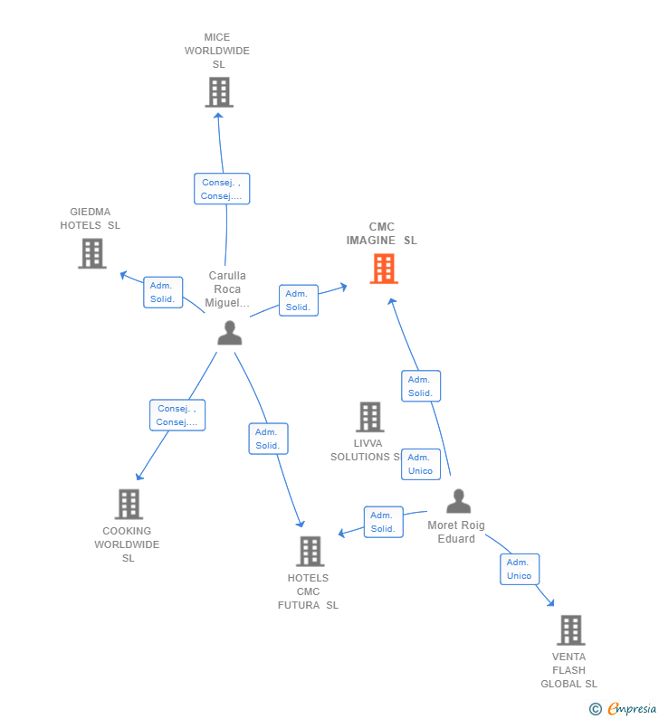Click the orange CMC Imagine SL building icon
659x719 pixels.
384,269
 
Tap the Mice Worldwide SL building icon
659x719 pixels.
218,92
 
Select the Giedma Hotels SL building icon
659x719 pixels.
92,254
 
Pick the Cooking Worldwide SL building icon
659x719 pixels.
129,505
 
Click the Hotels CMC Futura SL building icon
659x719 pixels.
310,551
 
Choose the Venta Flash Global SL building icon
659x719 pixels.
570,630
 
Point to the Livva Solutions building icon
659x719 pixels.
369,417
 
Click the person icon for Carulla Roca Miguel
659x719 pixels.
230,334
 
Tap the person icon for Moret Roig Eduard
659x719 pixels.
458,501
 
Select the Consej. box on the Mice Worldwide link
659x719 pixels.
222,189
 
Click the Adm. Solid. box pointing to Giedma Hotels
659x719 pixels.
163,292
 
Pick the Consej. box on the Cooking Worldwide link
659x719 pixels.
177,415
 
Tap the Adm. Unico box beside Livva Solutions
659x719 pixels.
420,464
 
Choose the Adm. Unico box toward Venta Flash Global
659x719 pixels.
520,569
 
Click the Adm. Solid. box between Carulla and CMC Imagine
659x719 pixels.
298,300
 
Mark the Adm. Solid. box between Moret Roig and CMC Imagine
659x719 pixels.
421,386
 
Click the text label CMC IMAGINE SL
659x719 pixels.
381,234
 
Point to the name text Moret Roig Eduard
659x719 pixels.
456,532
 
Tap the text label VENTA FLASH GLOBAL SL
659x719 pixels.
568,670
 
